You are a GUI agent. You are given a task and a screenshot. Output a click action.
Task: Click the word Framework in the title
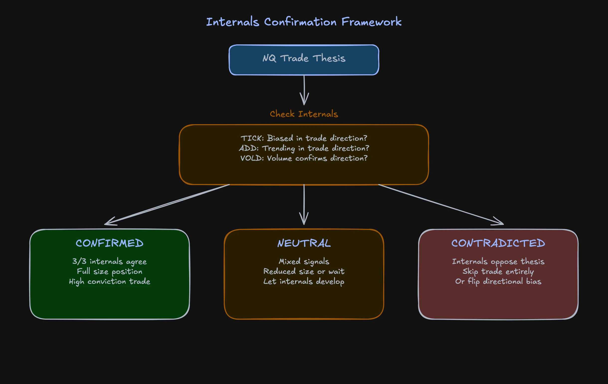(371, 22)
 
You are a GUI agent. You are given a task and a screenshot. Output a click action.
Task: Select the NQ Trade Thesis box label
(304, 58)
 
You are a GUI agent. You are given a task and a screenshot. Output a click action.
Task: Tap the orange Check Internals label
(304, 114)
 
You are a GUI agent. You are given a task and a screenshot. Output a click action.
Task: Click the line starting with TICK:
(304, 138)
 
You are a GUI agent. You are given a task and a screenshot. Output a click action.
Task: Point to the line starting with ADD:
(304, 148)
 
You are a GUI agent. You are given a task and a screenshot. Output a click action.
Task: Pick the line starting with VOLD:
(304, 158)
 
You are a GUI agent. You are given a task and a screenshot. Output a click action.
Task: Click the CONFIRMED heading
(109, 243)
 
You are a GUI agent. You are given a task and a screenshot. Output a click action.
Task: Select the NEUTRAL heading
(304, 243)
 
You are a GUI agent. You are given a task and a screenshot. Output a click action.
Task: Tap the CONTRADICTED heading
(498, 243)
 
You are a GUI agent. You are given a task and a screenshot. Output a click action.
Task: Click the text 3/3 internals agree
(109, 261)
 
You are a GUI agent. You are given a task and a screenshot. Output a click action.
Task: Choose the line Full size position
(109, 271)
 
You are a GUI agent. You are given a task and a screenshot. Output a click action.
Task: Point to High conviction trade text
(109, 282)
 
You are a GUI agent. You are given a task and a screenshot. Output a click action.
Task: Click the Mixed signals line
(304, 261)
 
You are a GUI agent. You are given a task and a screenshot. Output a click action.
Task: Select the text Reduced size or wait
(304, 271)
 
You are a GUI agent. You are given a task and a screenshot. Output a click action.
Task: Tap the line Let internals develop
(304, 282)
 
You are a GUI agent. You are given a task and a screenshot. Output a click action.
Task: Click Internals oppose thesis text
(498, 261)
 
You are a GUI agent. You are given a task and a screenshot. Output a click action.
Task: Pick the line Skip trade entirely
(498, 271)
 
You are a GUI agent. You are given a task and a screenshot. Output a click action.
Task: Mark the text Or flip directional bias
(498, 282)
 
